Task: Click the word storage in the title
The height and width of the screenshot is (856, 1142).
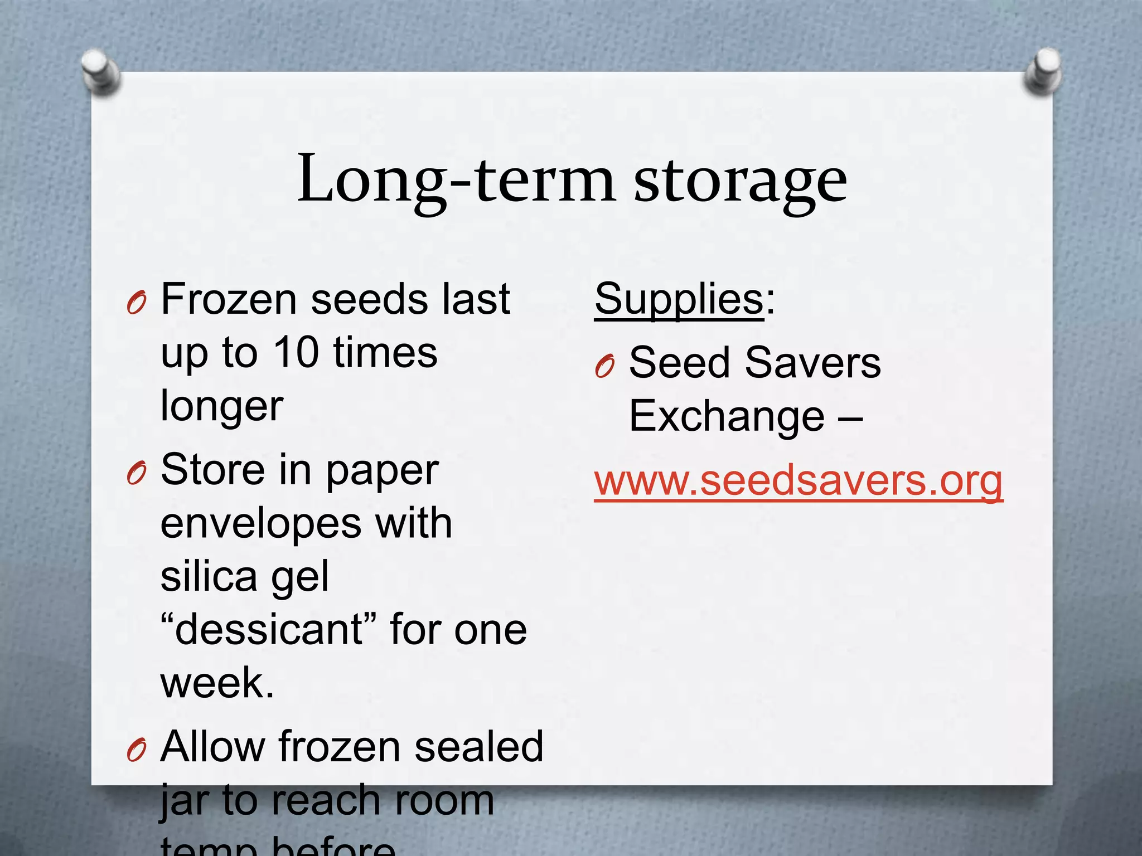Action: coord(740,181)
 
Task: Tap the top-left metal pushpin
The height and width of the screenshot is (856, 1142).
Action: coord(100,71)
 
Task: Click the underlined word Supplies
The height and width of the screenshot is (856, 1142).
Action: coord(679,299)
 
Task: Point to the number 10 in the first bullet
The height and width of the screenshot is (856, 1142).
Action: coord(296,352)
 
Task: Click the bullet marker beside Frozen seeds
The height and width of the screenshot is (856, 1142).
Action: coord(137,303)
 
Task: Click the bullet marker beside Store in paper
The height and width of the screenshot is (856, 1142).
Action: coord(137,474)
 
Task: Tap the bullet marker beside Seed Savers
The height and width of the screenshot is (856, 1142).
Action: coord(605,366)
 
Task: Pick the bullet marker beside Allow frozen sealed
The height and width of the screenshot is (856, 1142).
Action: coord(137,750)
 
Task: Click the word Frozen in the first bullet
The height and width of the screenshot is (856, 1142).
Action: coord(229,299)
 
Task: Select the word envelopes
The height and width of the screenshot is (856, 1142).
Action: coord(261,524)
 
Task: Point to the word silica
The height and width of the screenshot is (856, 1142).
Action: coord(209,576)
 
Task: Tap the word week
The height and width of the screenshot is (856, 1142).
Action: coord(216,683)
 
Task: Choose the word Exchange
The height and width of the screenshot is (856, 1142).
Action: coord(727,416)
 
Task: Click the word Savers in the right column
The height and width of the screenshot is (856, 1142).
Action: coord(812,363)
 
